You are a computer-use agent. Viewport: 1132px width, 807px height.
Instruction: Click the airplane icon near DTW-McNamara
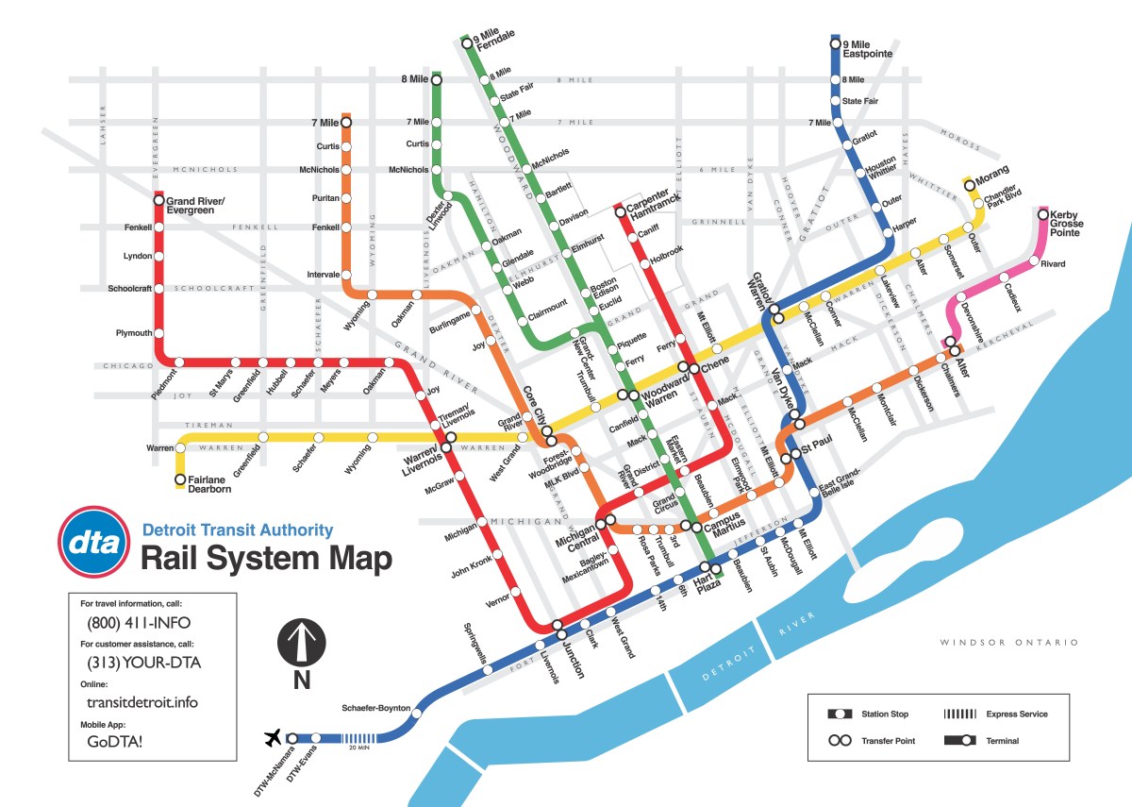tap(274, 736)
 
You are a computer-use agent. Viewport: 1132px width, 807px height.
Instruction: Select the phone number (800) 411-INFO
tap(139, 623)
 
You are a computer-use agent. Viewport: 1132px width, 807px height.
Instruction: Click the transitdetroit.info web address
tap(141, 702)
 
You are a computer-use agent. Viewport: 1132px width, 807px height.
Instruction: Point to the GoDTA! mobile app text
tap(115, 742)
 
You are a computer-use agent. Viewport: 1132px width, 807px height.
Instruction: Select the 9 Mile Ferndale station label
tap(495, 41)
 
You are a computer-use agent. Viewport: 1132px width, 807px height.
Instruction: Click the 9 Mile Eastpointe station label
tap(867, 49)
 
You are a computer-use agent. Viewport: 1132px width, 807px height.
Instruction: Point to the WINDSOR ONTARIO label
tap(1008, 643)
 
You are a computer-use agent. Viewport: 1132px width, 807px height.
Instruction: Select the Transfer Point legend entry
tap(888, 741)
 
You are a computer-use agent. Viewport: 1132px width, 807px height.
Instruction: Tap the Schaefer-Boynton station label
tap(376, 708)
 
